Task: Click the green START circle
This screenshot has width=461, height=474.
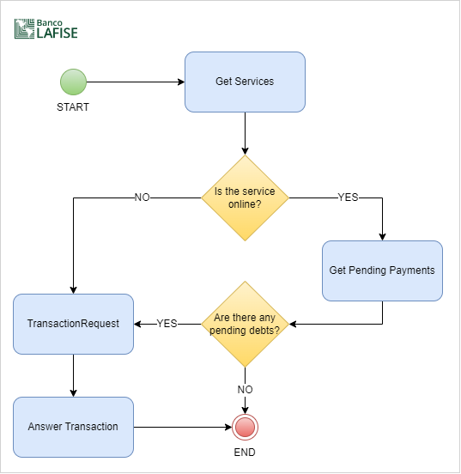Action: pyautogui.click(x=74, y=82)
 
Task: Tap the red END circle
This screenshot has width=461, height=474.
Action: pyautogui.click(x=246, y=427)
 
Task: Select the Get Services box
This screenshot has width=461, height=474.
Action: pyautogui.click(x=246, y=82)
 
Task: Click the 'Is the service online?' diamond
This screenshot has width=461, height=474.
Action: pyautogui.click(x=246, y=198)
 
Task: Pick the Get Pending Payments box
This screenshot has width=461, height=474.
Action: pyautogui.click(x=382, y=270)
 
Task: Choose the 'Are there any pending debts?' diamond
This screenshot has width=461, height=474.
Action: pyautogui.click(x=246, y=324)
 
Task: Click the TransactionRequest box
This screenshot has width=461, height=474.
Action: pyautogui.click(x=74, y=324)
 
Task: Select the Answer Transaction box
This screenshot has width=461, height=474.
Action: pyautogui.click(x=74, y=427)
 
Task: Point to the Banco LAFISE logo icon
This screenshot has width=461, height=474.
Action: pyautogui.click(x=25, y=28)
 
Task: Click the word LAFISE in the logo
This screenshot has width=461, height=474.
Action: pyautogui.click(x=58, y=33)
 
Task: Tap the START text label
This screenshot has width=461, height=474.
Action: pyautogui.click(x=73, y=107)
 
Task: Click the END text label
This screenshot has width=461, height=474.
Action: pyautogui.click(x=245, y=453)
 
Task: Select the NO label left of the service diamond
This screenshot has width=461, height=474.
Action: pyautogui.click(x=143, y=197)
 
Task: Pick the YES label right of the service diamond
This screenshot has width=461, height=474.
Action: pyautogui.click(x=348, y=197)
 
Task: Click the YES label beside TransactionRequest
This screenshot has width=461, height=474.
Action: pyautogui.click(x=167, y=324)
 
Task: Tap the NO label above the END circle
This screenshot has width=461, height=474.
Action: pyautogui.click(x=245, y=389)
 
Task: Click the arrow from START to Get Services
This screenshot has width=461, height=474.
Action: pyautogui.click(x=136, y=82)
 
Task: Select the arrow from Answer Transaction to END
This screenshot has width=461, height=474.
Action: pyautogui.click(x=183, y=427)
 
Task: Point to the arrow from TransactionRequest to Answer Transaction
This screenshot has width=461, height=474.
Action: pyautogui.click(x=74, y=375)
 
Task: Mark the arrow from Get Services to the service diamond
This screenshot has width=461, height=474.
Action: pyautogui.click(x=246, y=134)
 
